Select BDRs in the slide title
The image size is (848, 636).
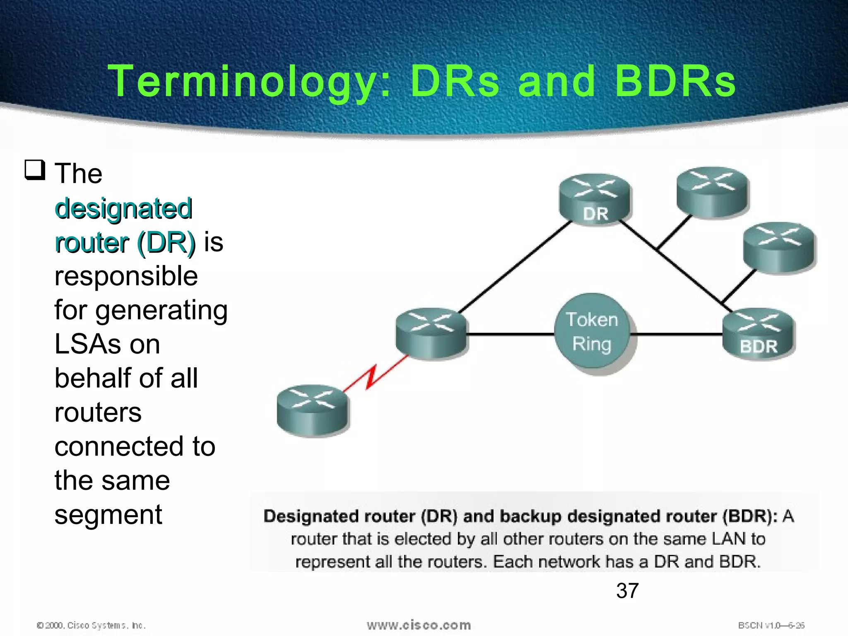pos(675,81)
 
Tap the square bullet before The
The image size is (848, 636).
pos(35,170)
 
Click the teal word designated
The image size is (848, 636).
pos(123,208)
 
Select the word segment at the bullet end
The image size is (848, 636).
pos(108,515)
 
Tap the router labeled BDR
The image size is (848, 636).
pos(758,333)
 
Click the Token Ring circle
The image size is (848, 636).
pos(592,331)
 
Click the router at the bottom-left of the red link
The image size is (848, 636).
pos(313,410)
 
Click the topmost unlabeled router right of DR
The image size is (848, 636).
pos(712,192)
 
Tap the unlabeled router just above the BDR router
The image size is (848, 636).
pos(778,248)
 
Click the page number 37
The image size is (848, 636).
pos(627,590)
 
